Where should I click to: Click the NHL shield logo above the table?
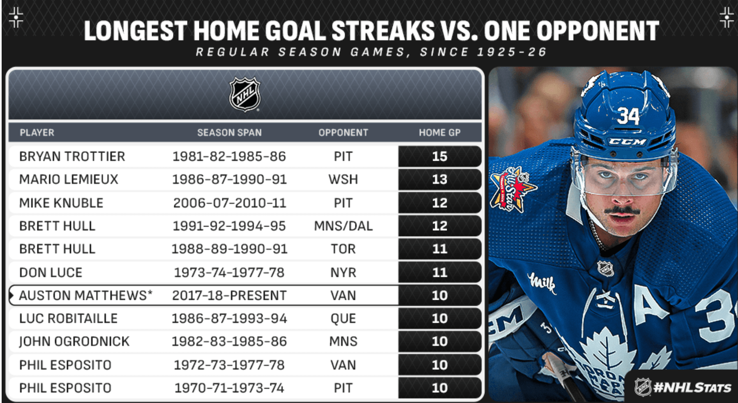tap(245, 94)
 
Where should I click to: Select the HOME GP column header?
tap(439, 132)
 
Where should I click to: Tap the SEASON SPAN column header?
tap(229, 132)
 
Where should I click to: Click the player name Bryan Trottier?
tap(72, 156)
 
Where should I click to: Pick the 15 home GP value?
tap(440, 156)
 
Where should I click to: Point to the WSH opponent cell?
tap(343, 179)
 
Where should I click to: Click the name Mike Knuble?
tap(61, 203)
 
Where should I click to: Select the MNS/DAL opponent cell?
tap(343, 226)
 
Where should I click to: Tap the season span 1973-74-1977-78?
tap(229, 272)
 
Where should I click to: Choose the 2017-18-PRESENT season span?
tap(229, 295)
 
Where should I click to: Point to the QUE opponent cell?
tap(343, 318)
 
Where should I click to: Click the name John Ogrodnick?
tap(74, 341)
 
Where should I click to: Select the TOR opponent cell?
tap(343, 249)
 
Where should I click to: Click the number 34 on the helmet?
tap(628, 116)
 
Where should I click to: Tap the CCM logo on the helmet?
tap(627, 142)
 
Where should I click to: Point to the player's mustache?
tap(622, 211)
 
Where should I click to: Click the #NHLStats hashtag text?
tap(692, 387)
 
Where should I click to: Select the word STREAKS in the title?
tap(383, 31)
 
